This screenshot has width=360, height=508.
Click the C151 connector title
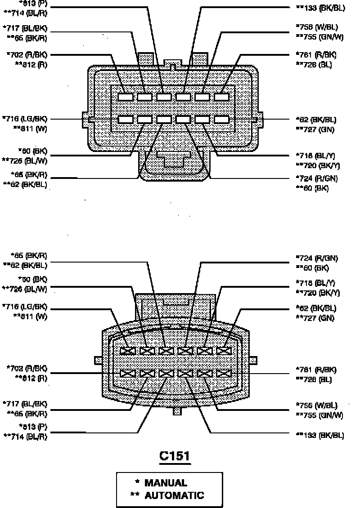pyautogui.click(x=175, y=456)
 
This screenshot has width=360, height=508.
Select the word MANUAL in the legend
pyautogui.click(x=166, y=483)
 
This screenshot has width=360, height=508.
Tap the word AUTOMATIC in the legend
pyautogui.click(x=174, y=495)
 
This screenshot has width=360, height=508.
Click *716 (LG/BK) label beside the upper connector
pyautogui.click(x=25, y=119)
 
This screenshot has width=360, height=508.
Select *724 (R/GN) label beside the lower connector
pyautogui.click(x=317, y=258)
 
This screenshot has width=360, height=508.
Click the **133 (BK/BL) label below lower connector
pyautogui.click(x=320, y=435)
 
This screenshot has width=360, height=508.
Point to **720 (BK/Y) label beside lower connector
pyautogui.click(x=317, y=293)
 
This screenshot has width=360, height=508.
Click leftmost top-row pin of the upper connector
pyautogui.click(x=126, y=97)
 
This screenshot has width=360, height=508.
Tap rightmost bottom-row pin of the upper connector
pyautogui.click(x=222, y=120)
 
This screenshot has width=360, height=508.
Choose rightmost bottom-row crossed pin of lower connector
pyautogui.click(x=223, y=373)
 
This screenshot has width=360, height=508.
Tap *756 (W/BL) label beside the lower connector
pyautogui.click(x=316, y=406)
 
